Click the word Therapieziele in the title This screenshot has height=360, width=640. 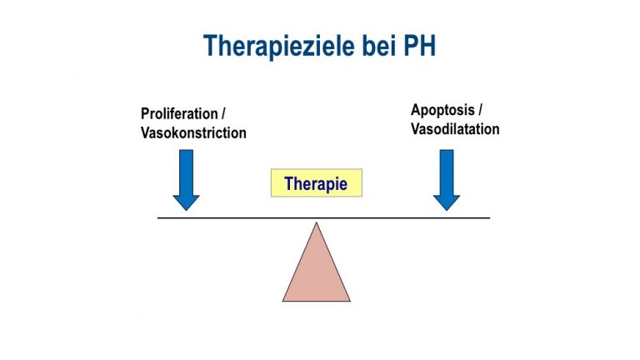coord(279,46)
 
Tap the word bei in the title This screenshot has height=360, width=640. coord(379,45)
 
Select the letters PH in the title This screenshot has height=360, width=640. coord(420,45)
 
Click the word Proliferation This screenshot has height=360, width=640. coord(179,113)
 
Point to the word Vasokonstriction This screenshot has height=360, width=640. coord(193,132)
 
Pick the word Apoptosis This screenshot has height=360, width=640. coord(442,110)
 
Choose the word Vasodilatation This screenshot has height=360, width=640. coord(455,129)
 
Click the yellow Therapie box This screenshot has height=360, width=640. coord(317,182)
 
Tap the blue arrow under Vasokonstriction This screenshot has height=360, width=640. coord(186,180)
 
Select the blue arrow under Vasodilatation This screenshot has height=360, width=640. coord(447,180)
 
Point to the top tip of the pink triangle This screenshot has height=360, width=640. coord(317,222)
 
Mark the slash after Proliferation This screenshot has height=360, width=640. coord(222,113)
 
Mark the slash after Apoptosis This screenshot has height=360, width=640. coord(480,110)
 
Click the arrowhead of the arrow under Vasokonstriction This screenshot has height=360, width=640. coord(186,202)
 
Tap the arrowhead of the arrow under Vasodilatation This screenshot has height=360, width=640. coord(447,202)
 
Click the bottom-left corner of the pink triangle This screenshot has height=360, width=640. coord(282,301)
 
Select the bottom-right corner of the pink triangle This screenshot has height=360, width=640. coord(350,301)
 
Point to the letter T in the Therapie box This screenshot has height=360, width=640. coord(289,183)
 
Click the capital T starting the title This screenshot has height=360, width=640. coord(211,45)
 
